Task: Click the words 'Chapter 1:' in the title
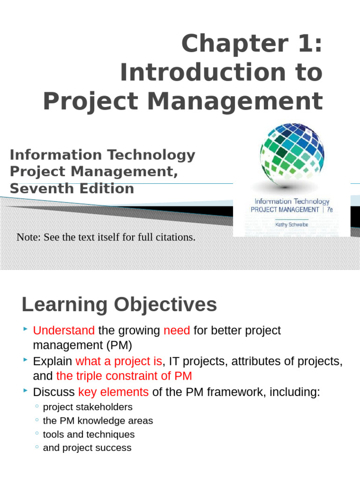click(252, 45)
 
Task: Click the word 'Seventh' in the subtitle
click(39, 188)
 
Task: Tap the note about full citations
click(106, 237)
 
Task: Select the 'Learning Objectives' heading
click(119, 305)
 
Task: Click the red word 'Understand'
click(64, 330)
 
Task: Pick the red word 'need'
click(177, 330)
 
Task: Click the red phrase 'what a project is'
click(119, 361)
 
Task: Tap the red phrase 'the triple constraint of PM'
click(124, 376)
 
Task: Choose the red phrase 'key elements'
click(113, 392)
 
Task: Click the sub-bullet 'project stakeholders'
click(88, 407)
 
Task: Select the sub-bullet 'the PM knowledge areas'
click(98, 420)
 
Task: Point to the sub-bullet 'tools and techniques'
click(89, 434)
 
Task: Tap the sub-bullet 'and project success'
click(87, 448)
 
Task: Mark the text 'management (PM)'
click(82, 345)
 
